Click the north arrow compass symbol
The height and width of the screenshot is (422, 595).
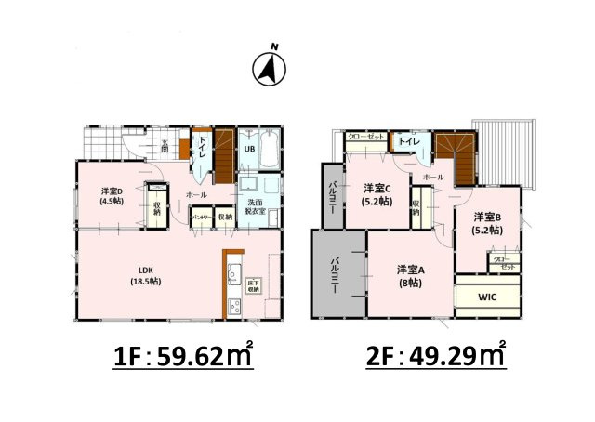tap(271, 68)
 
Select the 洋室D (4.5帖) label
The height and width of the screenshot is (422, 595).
tap(113, 198)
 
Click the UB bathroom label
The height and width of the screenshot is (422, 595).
tap(249, 149)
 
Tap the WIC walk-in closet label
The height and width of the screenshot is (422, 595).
tap(488, 298)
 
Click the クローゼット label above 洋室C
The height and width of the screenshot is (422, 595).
tap(365, 137)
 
